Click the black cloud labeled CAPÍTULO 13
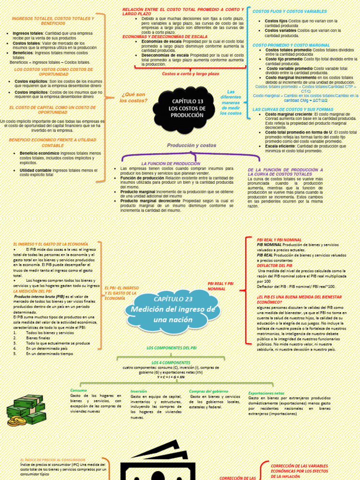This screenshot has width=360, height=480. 187,108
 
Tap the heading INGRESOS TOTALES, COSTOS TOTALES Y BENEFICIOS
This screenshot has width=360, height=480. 53,21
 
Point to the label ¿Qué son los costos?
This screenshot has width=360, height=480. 133,97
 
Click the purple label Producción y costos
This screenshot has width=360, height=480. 191,145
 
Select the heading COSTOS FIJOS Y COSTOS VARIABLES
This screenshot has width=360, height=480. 289,11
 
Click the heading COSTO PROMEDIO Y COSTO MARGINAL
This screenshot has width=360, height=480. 291,45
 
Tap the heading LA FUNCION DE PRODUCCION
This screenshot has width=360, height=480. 167,163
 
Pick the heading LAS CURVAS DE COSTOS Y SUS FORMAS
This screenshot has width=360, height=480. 293,109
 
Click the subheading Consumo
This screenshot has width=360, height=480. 79,390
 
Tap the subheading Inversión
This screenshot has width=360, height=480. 139,391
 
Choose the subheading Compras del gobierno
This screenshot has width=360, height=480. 209,391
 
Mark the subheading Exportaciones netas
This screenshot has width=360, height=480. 266,393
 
